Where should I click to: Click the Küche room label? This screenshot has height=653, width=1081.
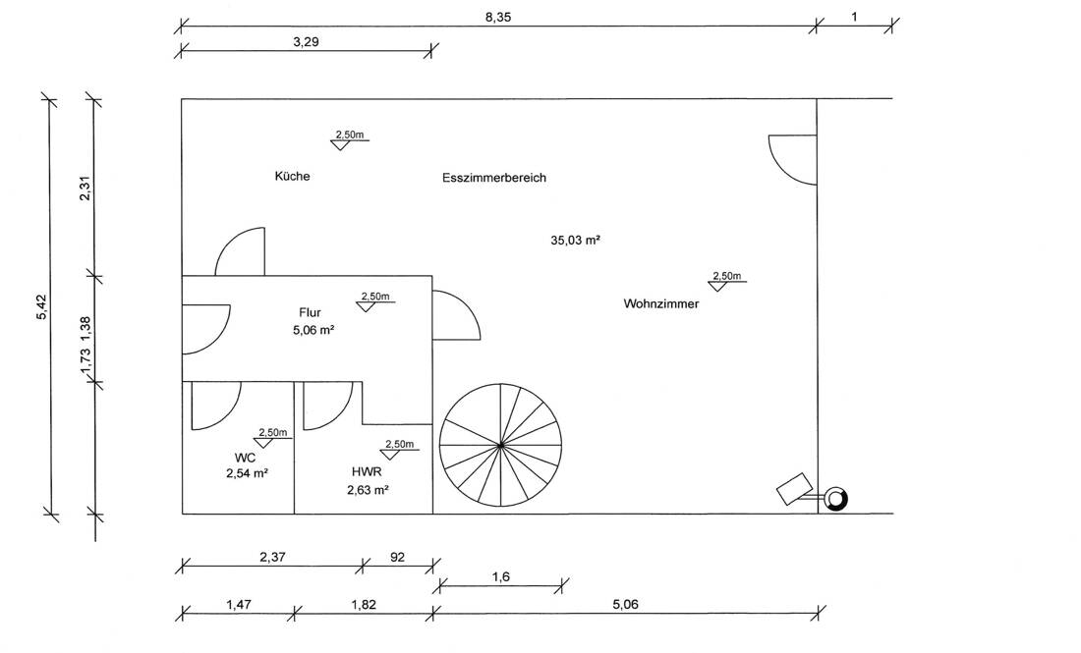[x=292, y=177]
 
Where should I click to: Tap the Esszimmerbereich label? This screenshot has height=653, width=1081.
[x=494, y=178]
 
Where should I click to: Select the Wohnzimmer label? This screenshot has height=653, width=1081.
[x=661, y=303]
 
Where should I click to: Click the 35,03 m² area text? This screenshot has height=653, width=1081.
[x=575, y=241]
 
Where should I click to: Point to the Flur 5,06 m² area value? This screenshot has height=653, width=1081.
[x=313, y=330]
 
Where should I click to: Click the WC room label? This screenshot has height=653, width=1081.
[x=245, y=458]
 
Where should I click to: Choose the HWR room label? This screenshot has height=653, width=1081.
[x=367, y=472]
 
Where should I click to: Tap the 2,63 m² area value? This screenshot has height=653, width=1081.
[x=368, y=490]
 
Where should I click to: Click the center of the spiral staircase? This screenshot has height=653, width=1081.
[x=500, y=445]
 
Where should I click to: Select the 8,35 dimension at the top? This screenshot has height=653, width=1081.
[x=498, y=18]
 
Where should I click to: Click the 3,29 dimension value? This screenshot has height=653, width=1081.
[x=306, y=42]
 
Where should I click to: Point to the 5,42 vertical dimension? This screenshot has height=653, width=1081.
[x=41, y=307]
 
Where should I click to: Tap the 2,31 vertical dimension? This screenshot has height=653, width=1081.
[x=85, y=189]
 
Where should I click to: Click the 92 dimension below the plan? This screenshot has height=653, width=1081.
[x=398, y=557]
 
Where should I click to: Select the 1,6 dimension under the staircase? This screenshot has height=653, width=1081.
[x=501, y=577]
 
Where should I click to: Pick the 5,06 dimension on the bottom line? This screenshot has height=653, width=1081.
[x=625, y=605]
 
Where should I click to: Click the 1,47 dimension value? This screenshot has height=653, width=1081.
[x=239, y=605]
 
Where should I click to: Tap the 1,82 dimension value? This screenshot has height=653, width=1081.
[x=364, y=605]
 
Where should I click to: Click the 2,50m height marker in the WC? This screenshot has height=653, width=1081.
[x=273, y=433]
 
